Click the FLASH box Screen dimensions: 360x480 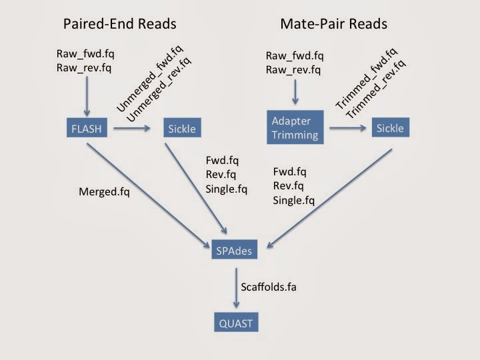click(87, 128)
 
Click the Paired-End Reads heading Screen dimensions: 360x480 click(120, 24)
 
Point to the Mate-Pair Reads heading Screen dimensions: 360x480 click(333, 24)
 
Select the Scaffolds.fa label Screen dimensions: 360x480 click(269, 287)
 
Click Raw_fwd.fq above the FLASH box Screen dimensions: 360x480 click(91, 53)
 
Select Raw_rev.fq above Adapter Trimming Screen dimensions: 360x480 click(294, 70)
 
